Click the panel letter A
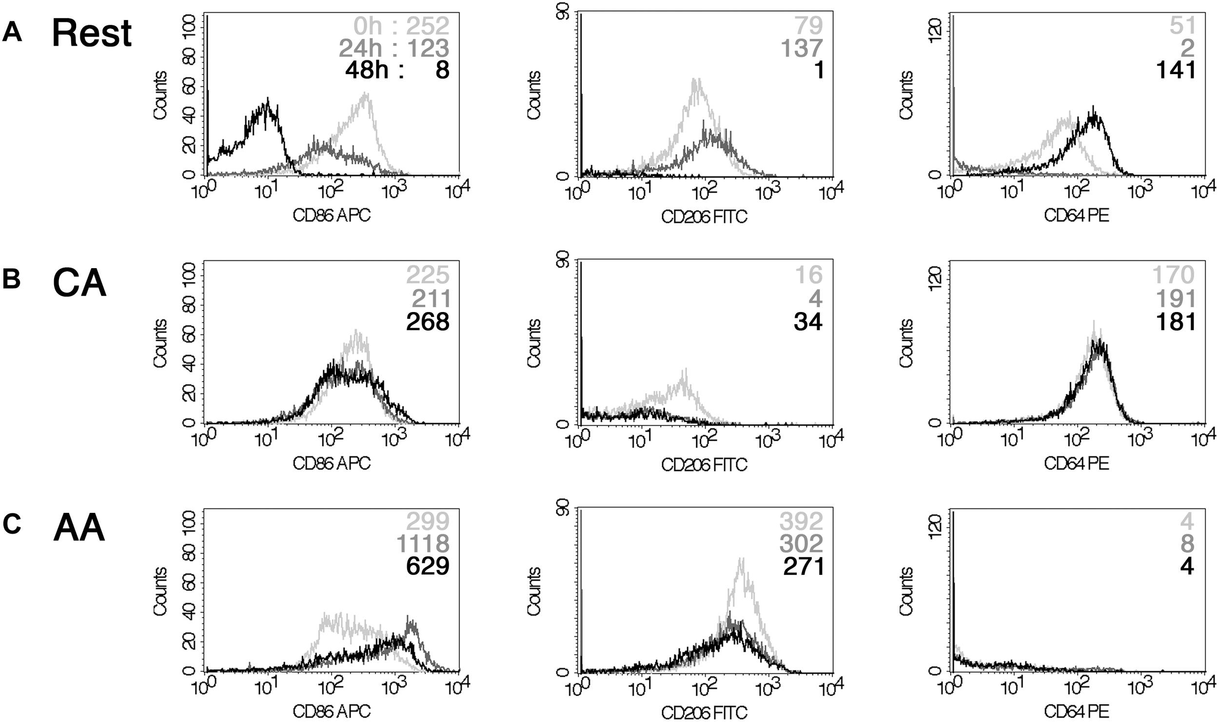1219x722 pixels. point(12,34)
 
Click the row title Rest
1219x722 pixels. point(92,34)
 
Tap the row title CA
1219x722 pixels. point(79,284)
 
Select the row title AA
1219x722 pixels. point(79,529)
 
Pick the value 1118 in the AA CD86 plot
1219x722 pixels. point(423,544)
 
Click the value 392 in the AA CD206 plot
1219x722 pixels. point(801,522)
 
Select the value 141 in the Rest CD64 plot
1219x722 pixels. point(1176,71)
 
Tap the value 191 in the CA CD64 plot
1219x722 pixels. point(1176,299)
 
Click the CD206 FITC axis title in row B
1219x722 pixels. point(704,465)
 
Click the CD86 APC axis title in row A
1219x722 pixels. point(332,216)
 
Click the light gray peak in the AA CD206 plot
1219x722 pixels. point(741,561)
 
